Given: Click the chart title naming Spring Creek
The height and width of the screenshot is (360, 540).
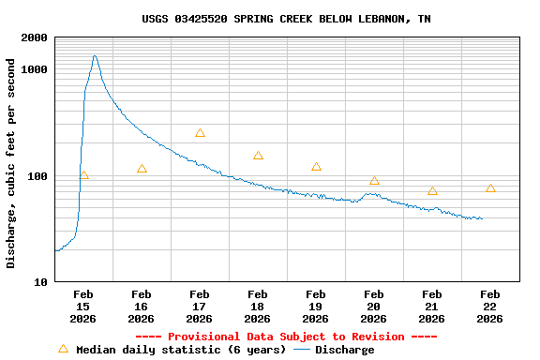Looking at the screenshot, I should coord(286,19).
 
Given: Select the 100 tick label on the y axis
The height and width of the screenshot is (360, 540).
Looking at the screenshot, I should coord(39,176).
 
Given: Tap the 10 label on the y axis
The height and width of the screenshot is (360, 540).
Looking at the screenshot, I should coord(42,282).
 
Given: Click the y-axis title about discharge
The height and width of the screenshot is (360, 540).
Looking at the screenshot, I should coord(11,163).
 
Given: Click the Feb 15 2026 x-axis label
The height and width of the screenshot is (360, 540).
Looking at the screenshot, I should coord(83,306).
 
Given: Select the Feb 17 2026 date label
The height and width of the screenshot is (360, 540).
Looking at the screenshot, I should coord(200,306).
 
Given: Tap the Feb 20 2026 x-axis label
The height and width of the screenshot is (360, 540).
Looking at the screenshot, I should coord(374,306).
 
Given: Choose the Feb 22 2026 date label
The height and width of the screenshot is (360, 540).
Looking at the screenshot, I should coord(490,306).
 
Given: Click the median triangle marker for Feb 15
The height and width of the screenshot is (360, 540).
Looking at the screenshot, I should coord(83,175).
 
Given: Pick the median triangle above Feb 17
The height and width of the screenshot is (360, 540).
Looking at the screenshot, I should coord(200,133).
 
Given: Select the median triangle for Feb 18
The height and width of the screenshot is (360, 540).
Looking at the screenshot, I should coord(258,156).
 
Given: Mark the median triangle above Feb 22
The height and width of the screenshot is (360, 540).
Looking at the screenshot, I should coord(490,188).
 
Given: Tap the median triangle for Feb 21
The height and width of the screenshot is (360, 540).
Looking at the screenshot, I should coord(432,190).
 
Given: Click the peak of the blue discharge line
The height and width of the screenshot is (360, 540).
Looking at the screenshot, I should coord(95,56).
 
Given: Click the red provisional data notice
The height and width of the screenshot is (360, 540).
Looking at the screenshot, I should coord(286,337).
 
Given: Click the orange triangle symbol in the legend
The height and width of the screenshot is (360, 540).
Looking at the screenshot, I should coord(63,349).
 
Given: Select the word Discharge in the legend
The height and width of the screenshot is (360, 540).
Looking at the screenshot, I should coord(344,350).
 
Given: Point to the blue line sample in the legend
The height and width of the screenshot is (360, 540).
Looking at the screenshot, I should coord(302,350).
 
